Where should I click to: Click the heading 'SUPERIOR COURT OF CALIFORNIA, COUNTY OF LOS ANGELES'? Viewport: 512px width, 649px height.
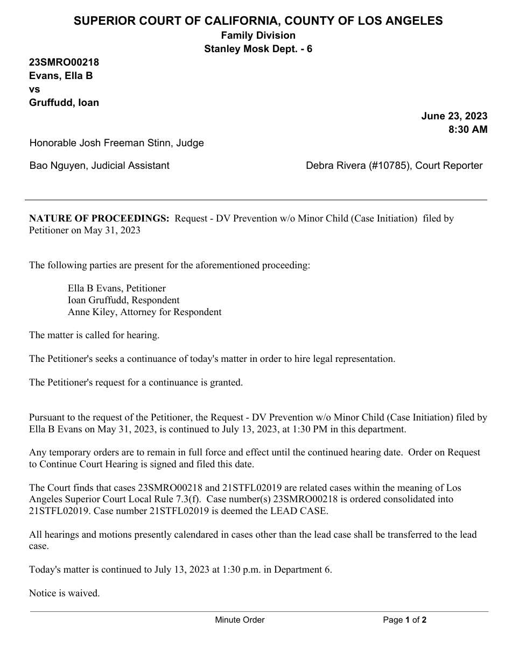click(x=258, y=21)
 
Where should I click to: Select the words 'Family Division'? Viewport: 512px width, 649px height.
click(x=258, y=35)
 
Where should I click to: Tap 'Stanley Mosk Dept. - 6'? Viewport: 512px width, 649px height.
click(x=258, y=49)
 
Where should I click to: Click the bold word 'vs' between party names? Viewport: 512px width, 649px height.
click(x=34, y=89)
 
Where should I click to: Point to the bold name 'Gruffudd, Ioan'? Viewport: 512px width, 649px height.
click(x=64, y=103)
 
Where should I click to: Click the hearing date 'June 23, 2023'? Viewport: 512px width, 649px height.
click(x=454, y=116)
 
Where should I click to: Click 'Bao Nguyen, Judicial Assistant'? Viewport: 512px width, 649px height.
click(x=99, y=166)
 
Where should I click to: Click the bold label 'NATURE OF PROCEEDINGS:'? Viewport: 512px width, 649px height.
click(x=99, y=219)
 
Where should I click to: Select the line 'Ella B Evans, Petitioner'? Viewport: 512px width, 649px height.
click(x=117, y=288)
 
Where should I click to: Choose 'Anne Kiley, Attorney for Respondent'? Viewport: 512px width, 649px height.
click(x=144, y=312)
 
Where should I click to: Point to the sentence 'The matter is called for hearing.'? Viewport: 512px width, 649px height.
click(x=94, y=335)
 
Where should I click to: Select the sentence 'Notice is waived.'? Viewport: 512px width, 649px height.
click(x=64, y=594)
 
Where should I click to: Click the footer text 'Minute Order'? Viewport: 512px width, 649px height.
click(x=240, y=620)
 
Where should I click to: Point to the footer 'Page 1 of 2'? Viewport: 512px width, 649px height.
click(x=404, y=620)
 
